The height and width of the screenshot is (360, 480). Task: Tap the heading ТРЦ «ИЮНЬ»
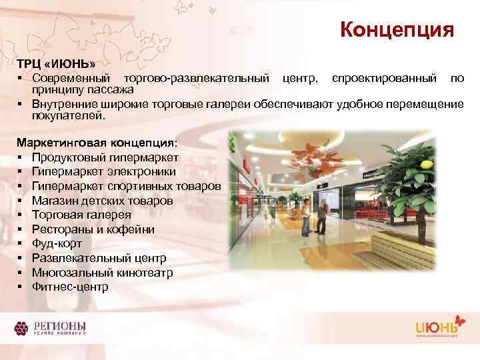coord(55,63)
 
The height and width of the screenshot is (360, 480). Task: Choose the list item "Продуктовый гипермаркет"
coord(105,157)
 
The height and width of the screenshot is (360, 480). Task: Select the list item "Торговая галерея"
coord(81,215)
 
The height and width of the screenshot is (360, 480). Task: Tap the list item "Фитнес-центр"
coord(70,287)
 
